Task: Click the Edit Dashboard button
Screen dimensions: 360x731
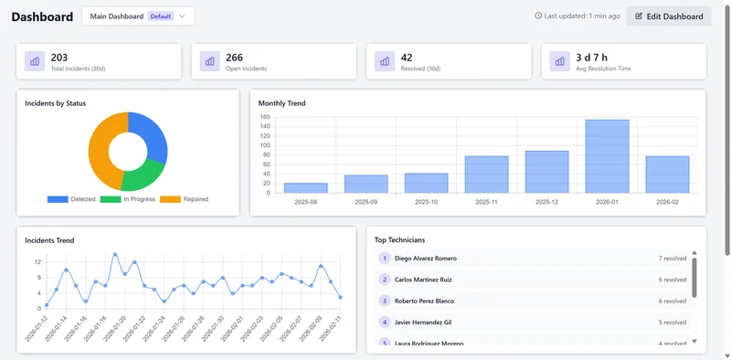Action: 668,16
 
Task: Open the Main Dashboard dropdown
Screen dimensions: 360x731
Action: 137,16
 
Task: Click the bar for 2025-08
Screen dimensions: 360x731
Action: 305,187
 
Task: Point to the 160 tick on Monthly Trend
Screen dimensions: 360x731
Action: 265,117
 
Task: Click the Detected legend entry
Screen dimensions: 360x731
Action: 71,199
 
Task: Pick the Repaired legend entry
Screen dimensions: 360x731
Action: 184,199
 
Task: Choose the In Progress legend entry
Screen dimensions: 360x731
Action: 128,199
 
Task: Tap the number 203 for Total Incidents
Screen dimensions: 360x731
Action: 59,57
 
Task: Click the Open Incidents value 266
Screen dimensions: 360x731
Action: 234,57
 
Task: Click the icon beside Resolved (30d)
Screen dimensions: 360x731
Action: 385,61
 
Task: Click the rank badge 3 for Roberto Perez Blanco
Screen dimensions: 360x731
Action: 385,301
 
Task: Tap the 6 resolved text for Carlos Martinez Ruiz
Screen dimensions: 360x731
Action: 672,280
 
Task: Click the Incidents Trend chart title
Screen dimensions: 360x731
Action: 49,240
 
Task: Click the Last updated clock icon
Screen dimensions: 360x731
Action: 538,16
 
